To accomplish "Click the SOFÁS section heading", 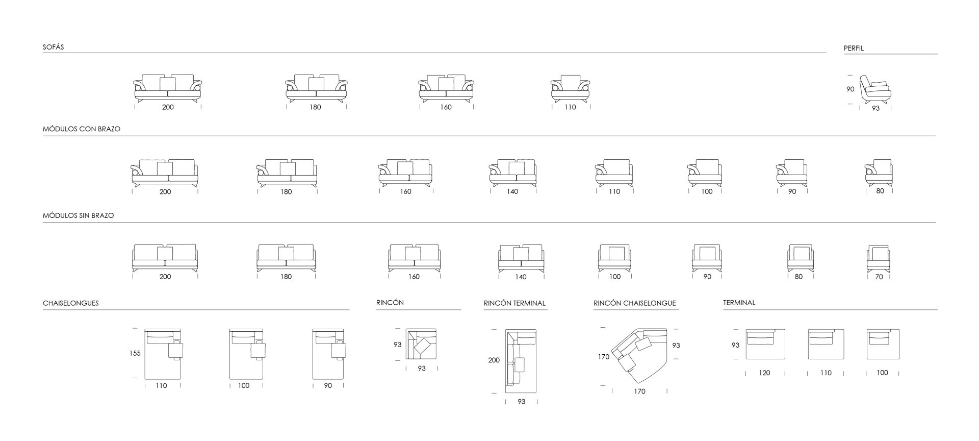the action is (54, 47).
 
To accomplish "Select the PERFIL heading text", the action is (854, 48).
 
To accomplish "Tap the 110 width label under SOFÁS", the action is (570, 107).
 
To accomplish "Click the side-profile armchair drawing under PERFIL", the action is (875, 89).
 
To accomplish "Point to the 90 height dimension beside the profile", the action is (850, 89).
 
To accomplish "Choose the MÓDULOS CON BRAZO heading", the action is (82, 129).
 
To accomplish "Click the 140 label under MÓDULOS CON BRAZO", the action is (512, 191).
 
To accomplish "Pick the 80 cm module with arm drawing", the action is (879, 173).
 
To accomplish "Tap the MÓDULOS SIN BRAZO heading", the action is (79, 215).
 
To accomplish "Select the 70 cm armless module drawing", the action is (879, 259).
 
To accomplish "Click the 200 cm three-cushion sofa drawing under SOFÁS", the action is (168, 89).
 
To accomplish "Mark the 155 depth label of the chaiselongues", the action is (135, 353).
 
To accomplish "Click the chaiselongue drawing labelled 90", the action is (329, 354).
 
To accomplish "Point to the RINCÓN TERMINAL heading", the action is (514, 303).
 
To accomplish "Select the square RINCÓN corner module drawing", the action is (421, 344).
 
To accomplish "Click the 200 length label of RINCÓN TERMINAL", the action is (494, 360).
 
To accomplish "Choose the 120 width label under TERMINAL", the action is (764, 373).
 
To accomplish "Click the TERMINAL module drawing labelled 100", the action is (883, 344).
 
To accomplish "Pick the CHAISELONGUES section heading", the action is (71, 303).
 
